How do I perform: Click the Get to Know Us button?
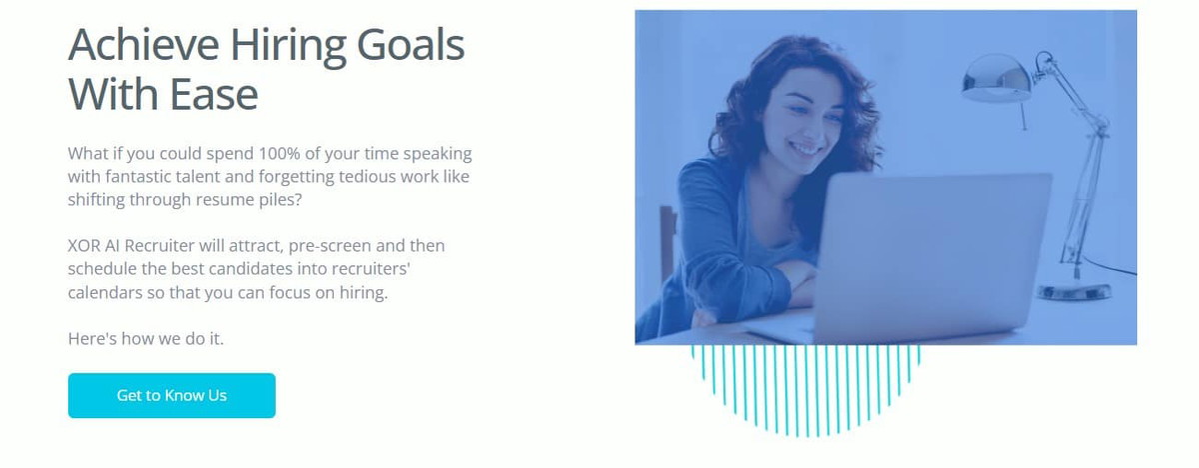[x=172, y=395]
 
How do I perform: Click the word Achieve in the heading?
[x=144, y=44]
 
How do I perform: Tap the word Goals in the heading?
[x=411, y=44]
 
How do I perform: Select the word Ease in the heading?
[x=214, y=94]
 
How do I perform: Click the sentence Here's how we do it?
[x=146, y=338]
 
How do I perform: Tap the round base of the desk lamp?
[x=1074, y=292]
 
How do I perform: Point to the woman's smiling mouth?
[x=804, y=148]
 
